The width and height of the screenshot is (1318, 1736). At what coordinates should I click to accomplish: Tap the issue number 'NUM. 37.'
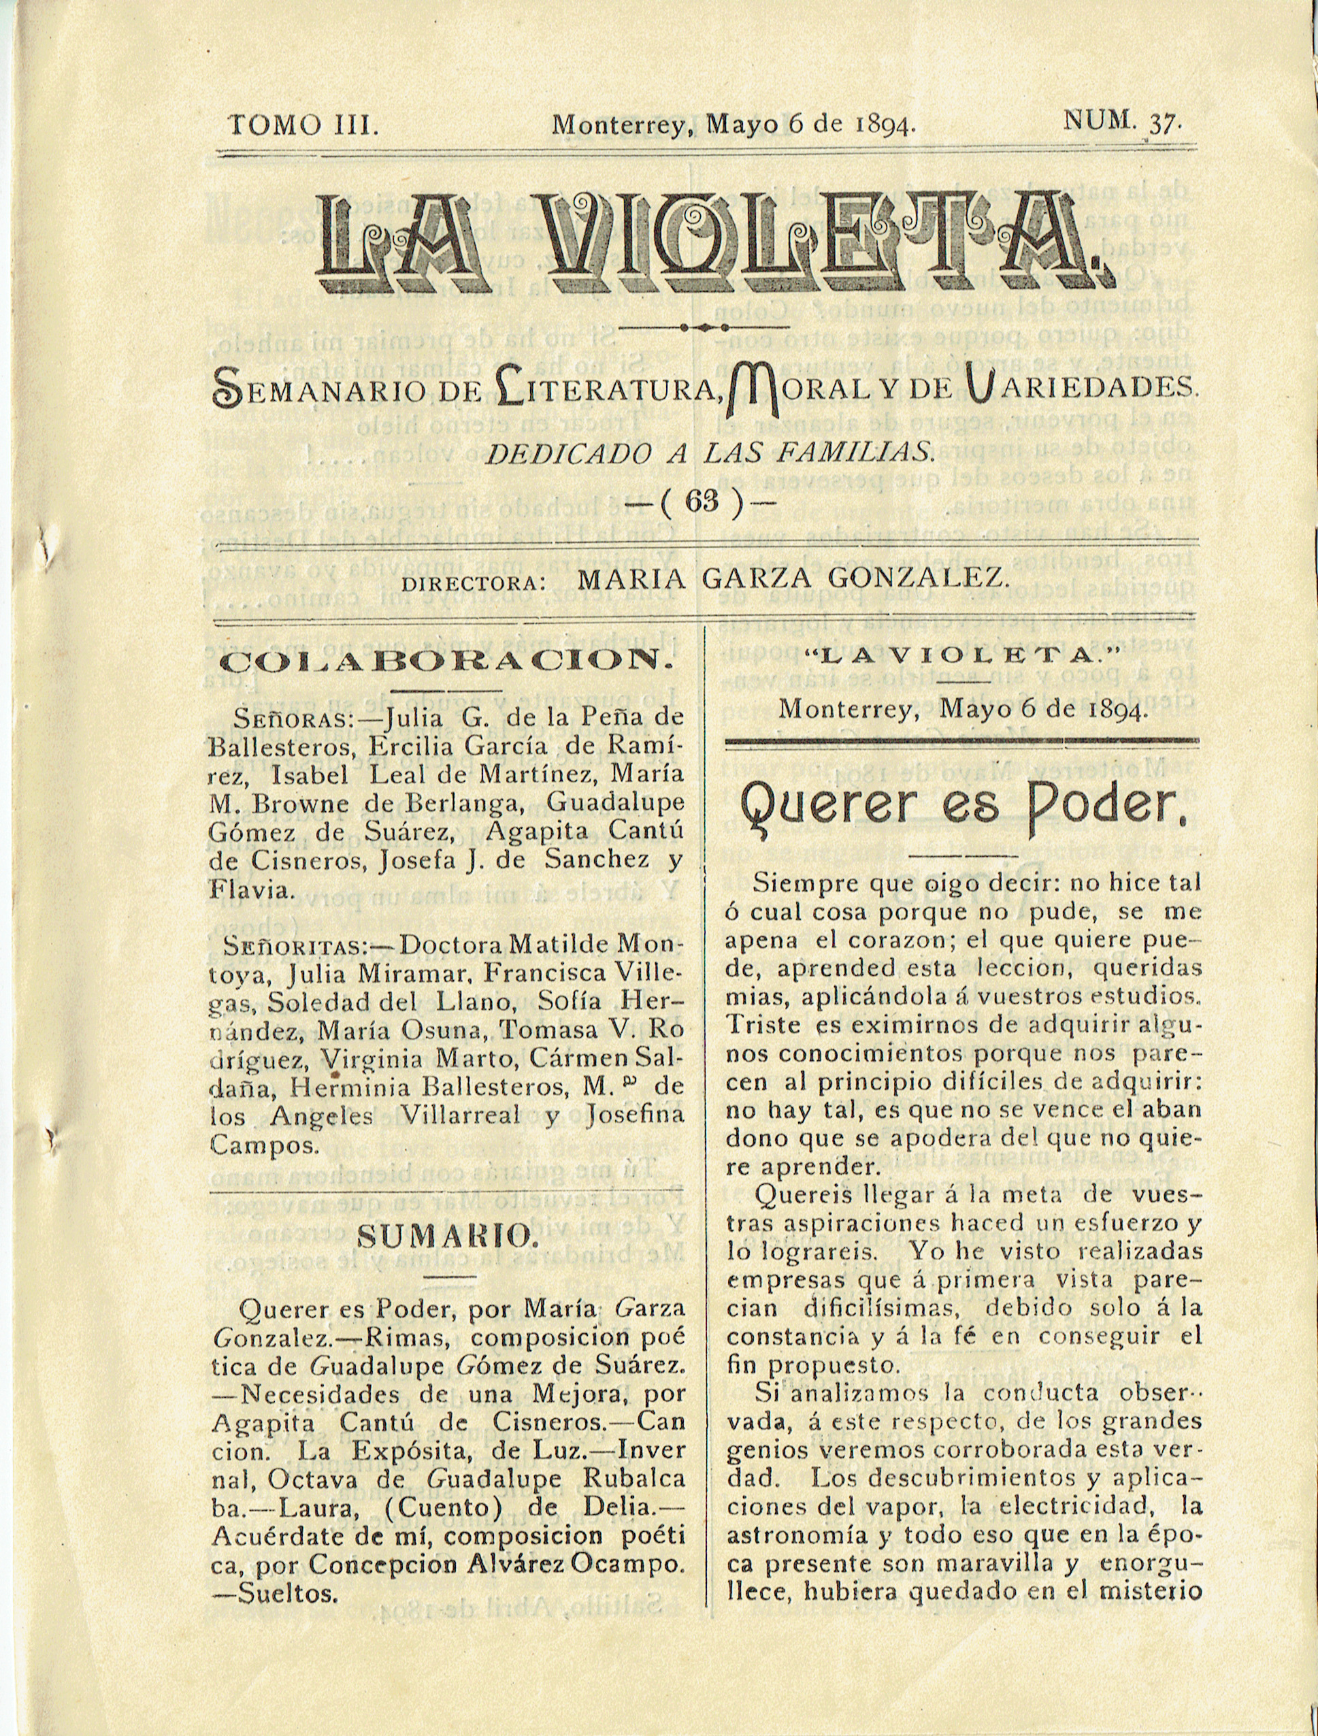[x=1121, y=122]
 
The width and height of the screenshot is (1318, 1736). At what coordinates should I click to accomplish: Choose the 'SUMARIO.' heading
[x=447, y=1238]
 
